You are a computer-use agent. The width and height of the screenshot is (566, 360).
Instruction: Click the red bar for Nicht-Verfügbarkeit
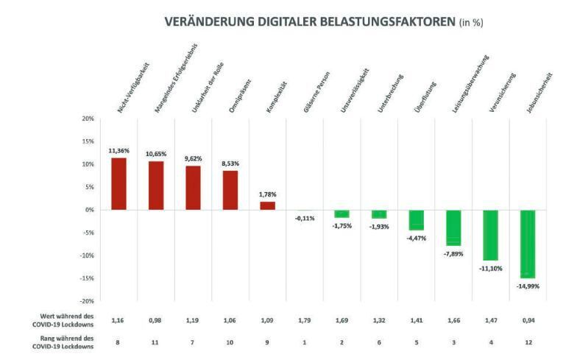[x=119, y=184]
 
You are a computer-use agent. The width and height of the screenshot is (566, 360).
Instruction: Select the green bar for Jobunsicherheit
[x=527, y=244]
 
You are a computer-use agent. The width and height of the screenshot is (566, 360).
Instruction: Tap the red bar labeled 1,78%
[x=268, y=205]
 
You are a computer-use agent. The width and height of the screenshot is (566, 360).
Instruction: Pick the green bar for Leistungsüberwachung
[x=453, y=227]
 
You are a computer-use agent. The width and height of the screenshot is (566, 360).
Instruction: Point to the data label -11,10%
[x=490, y=268]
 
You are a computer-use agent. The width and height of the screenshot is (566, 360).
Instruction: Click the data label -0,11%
[x=305, y=218]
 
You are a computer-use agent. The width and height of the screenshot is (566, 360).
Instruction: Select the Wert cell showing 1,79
[x=305, y=321]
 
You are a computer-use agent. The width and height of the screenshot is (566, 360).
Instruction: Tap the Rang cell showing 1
[x=305, y=342]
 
